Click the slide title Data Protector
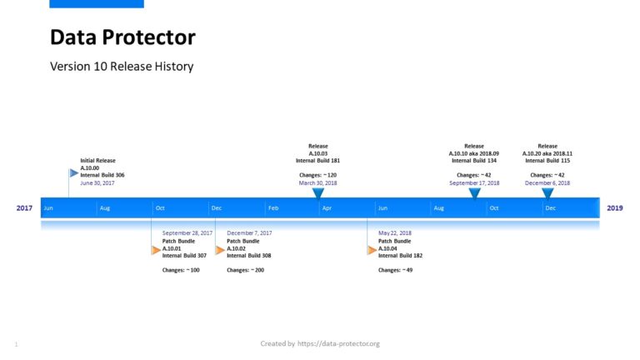[x=122, y=37]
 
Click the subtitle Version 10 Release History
[x=122, y=66]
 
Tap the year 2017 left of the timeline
[x=25, y=207]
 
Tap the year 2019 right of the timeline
[x=614, y=207]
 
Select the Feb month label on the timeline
[x=273, y=207]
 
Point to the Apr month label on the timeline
[x=327, y=207]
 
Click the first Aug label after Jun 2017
[x=104, y=207]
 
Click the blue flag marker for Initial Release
[x=73, y=173]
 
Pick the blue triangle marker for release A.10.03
[x=317, y=193]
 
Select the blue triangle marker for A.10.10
[x=474, y=193]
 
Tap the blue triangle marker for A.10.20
[x=547, y=193]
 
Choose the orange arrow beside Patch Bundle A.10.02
[x=220, y=249]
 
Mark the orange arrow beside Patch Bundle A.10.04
[x=372, y=249]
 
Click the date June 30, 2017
[x=97, y=182]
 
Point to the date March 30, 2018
[x=317, y=182]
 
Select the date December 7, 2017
[x=249, y=233]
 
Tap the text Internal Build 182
[x=400, y=256]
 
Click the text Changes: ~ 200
[x=245, y=270]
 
